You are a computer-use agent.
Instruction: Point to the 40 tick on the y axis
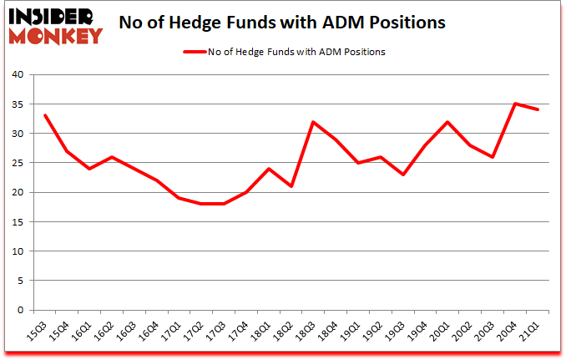pyautogui.click(x=18, y=75)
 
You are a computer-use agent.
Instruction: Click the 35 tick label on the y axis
pyautogui.click(x=18, y=104)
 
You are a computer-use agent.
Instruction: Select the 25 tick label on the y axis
pyautogui.click(x=18, y=163)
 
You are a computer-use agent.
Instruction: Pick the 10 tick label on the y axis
pyautogui.click(x=18, y=251)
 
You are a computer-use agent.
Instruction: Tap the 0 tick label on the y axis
pyautogui.click(x=22, y=310)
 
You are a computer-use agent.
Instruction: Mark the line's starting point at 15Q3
pyautogui.click(x=44, y=115)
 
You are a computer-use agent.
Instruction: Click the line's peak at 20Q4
pyautogui.click(x=516, y=104)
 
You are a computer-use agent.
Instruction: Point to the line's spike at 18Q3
pyautogui.click(x=314, y=122)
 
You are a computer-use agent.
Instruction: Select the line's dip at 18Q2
pyautogui.click(x=291, y=186)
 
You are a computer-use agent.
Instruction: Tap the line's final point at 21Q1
pyautogui.click(x=538, y=109)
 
